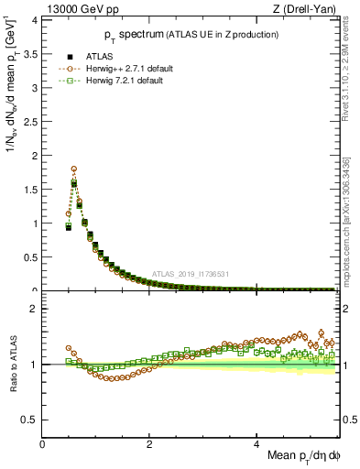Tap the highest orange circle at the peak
point(73,169)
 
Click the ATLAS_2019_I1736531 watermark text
point(190,274)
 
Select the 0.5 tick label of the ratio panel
point(30,420)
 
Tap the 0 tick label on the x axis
point(43,444)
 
